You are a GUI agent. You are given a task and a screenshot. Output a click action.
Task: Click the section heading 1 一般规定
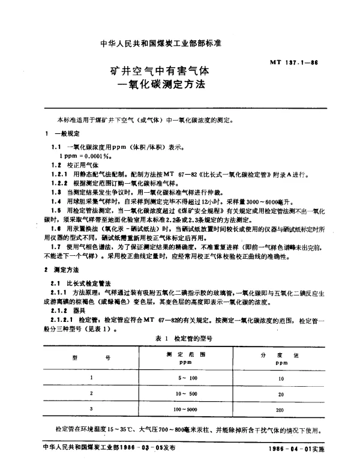60,133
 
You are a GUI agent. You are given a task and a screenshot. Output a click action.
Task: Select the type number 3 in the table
92,409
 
